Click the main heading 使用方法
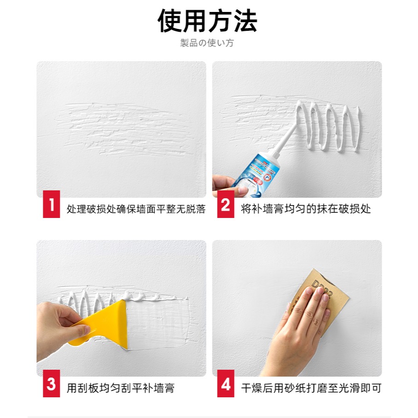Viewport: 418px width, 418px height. tap(208, 21)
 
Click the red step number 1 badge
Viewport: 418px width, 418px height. tap(52, 205)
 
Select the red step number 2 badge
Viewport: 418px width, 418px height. tap(225, 205)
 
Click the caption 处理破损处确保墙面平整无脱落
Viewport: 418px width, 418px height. tap(136, 209)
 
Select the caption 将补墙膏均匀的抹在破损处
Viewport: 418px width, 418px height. tap(306, 209)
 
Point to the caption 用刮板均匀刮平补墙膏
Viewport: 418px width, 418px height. tap(120, 388)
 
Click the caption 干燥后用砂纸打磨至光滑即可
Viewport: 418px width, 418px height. tap(311, 388)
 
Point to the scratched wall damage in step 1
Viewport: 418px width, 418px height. tap(122, 129)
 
